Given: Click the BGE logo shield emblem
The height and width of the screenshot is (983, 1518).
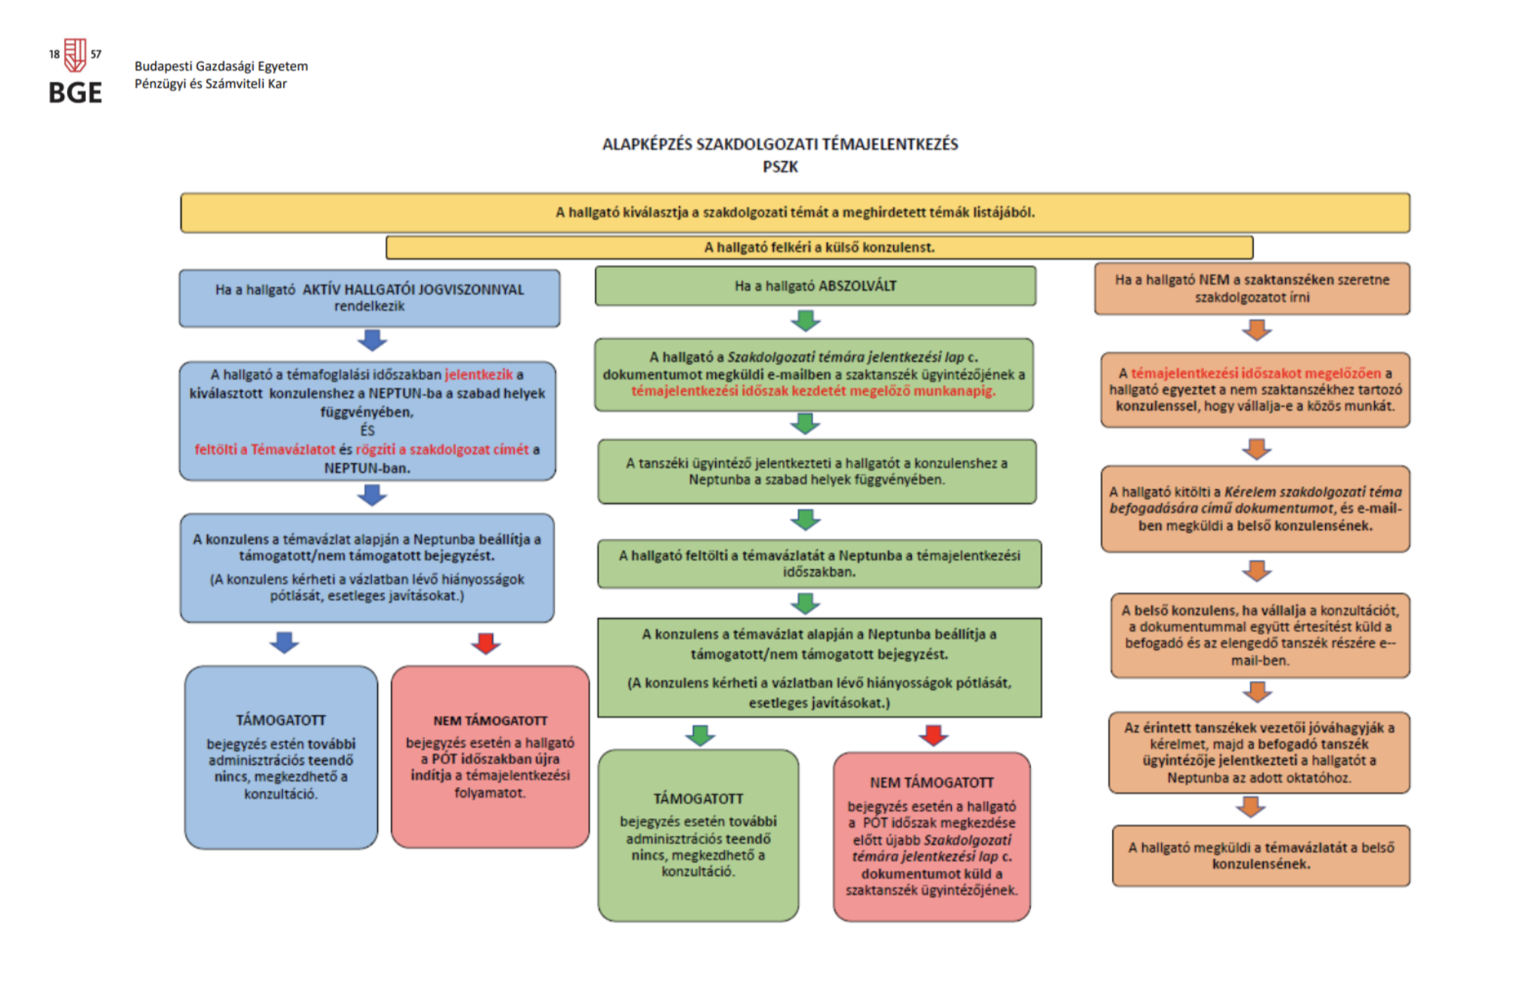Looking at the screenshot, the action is [x=75, y=56].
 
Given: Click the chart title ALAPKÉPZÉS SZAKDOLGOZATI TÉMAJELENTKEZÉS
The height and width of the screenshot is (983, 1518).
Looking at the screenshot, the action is [x=780, y=145].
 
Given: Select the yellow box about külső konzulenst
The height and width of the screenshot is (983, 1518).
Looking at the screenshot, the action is [x=819, y=248].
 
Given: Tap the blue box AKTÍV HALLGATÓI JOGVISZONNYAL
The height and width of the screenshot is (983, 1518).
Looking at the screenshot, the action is [x=370, y=298].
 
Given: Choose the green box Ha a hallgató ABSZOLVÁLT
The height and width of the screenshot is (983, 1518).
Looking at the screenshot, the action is [x=815, y=286].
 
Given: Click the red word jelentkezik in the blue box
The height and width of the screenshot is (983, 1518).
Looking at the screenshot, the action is [x=479, y=375].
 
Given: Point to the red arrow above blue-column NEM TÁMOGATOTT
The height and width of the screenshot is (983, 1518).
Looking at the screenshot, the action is [x=486, y=644].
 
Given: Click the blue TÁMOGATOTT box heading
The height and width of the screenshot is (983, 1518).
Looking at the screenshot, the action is [x=281, y=720].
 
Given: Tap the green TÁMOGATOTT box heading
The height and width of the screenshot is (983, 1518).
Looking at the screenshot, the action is [x=698, y=799].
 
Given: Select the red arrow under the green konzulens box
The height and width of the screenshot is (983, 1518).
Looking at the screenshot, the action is [x=934, y=735].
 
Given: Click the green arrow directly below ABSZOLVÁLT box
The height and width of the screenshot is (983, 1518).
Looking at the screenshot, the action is [x=806, y=321].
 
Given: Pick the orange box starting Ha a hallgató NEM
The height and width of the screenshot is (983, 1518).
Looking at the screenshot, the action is [x=1252, y=288].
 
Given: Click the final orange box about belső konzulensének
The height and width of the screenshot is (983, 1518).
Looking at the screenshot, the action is [x=1261, y=856].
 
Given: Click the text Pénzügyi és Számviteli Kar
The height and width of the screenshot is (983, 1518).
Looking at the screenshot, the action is [x=211, y=84].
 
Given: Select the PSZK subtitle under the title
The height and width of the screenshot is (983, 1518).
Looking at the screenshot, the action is [x=780, y=167].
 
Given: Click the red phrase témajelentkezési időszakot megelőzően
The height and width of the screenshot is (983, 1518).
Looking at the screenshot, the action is [x=1256, y=373].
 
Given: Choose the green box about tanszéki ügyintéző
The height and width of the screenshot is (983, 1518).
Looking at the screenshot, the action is [x=817, y=472].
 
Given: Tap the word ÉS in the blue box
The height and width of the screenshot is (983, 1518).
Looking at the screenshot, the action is [x=367, y=431].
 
